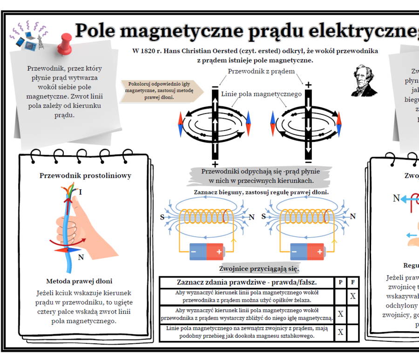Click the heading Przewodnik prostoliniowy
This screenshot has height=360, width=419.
click(x=85, y=176)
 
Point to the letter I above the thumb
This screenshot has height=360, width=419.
click(x=81, y=192)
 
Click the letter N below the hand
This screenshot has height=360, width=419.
click(x=81, y=257)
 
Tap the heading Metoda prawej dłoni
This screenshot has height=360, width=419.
click(x=79, y=281)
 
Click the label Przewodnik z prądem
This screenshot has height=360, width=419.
click(x=261, y=71)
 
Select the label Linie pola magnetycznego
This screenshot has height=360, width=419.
click(x=261, y=94)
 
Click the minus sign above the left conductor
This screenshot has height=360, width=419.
click(x=215, y=87)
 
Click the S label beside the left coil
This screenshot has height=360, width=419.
click(x=162, y=217)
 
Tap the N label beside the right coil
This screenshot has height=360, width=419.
click(x=353, y=216)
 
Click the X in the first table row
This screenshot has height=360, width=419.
click(x=353, y=296)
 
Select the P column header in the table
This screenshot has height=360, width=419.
click(x=340, y=282)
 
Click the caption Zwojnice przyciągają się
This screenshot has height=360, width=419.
click(x=259, y=269)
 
